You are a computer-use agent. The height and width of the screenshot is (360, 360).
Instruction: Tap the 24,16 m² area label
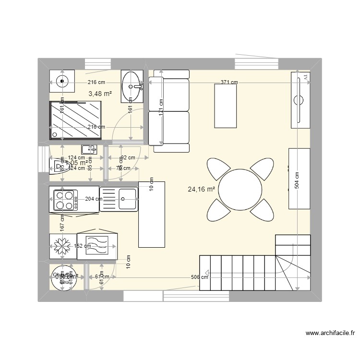coord(201,189)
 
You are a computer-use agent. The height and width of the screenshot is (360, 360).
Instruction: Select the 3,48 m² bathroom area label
coord(100,94)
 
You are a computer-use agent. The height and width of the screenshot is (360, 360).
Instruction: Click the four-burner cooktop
coord(65,200)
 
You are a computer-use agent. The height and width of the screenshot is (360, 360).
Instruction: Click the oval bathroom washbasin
coord(131,86)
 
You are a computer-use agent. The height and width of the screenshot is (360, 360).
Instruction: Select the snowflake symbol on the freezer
coord(61,247)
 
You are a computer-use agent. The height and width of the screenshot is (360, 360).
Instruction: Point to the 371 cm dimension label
coord(229,83)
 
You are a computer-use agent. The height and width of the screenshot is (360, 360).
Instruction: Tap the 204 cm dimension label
coord(93,199)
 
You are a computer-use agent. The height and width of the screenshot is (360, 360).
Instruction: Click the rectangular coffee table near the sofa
coord(226,106)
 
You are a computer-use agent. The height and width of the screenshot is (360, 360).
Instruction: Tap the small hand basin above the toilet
coord(89,149)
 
